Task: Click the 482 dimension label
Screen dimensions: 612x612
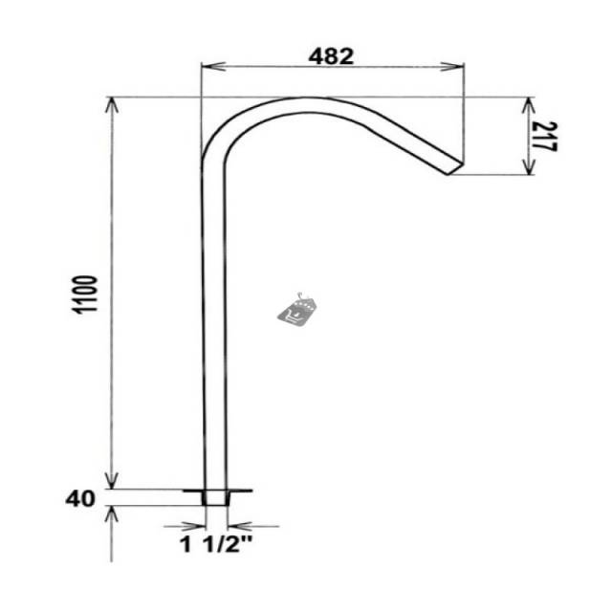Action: tap(331, 56)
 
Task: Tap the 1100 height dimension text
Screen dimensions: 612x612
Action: tap(85, 295)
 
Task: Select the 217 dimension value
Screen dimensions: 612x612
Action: tap(545, 136)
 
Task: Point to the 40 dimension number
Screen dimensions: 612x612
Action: tap(80, 498)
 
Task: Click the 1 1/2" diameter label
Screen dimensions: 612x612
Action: tap(216, 544)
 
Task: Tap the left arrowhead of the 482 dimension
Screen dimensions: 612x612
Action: tap(212, 66)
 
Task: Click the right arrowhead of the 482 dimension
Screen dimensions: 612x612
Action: tap(452, 66)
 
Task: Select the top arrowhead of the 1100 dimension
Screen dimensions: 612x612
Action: tap(113, 106)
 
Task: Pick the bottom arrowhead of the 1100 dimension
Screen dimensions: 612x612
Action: tap(113, 479)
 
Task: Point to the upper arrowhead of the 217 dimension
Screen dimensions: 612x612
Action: tap(528, 106)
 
